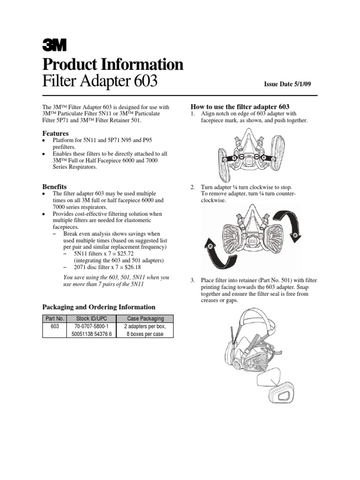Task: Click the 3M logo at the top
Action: click(54, 44)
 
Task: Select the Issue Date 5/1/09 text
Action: click(287, 84)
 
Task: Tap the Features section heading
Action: click(55, 133)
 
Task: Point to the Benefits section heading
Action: click(54, 186)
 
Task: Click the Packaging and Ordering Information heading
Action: click(98, 307)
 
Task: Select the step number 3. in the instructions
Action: click(192, 280)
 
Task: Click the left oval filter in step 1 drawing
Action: click(222, 159)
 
